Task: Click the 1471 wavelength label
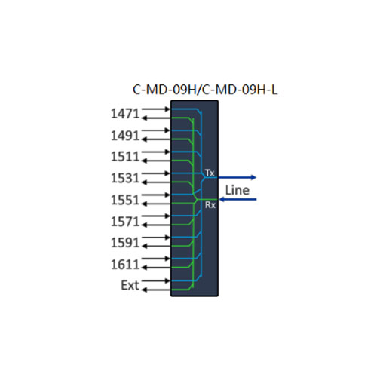125,114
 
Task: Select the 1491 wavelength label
125,136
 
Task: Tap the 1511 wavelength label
125,157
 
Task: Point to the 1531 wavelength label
125,178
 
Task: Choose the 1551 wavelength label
125,200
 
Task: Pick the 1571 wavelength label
125,222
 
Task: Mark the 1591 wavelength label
125,243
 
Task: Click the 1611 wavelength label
125,265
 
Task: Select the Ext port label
130,285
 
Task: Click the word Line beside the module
238,190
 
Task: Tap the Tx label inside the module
210,173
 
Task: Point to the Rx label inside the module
210,205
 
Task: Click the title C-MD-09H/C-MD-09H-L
205,90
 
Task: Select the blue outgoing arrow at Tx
238,177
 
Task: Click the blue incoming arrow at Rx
238,199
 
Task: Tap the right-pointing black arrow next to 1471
156,109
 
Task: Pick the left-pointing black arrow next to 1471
156,118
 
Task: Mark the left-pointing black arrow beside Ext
156,290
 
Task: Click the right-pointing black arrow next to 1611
156,259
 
